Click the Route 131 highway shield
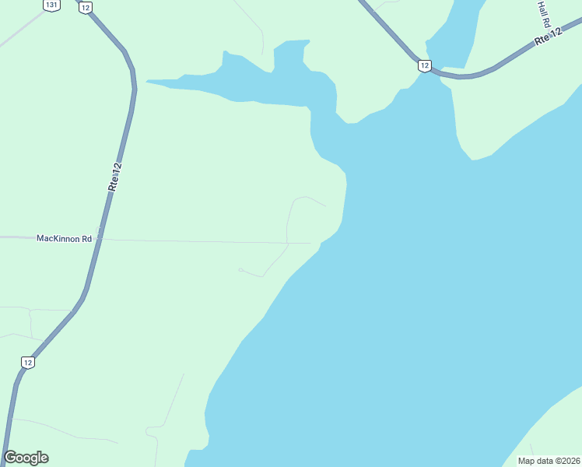click(x=51, y=5)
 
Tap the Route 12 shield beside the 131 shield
click(x=85, y=6)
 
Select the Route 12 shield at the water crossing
click(x=423, y=65)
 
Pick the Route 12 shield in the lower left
click(x=28, y=362)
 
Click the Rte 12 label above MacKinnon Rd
click(x=115, y=177)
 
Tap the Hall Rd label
click(x=544, y=13)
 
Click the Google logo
click(x=26, y=458)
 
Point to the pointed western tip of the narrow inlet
click(x=148, y=80)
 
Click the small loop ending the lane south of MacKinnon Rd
click(x=240, y=270)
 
